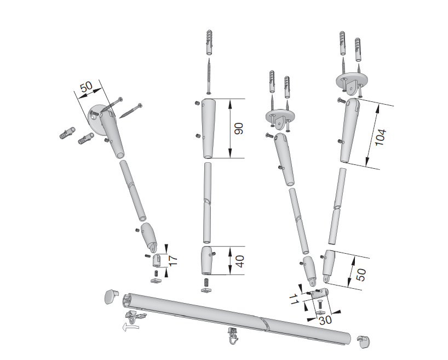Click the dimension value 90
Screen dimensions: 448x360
[239, 128]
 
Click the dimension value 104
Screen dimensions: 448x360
[381, 138]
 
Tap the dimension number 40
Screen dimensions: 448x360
[240, 261]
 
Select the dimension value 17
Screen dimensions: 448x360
[173, 260]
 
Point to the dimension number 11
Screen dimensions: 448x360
[294, 299]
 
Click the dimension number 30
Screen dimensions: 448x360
[325, 320]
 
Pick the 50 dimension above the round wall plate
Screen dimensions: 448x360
[87, 87]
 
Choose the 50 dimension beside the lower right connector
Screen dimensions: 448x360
[361, 275]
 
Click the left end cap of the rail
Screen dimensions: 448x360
[111, 296]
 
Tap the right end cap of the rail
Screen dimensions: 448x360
[363, 342]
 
